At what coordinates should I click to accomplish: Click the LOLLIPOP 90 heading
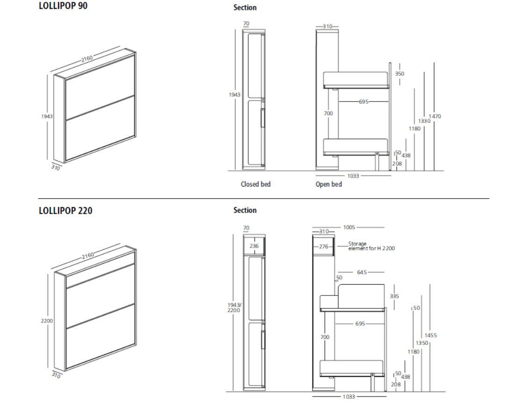click(63, 7)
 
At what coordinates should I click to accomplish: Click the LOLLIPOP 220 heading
click(65, 211)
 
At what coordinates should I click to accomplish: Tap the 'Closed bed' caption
click(256, 184)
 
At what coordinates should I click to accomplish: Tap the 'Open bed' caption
click(329, 184)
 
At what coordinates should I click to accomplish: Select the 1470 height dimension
click(435, 116)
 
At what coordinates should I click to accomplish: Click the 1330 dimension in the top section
click(424, 121)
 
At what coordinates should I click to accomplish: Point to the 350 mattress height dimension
click(399, 74)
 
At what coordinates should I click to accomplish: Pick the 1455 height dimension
click(431, 336)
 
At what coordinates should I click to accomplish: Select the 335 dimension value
click(394, 296)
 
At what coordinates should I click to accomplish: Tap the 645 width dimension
click(361, 272)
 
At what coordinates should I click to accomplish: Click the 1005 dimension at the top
click(349, 227)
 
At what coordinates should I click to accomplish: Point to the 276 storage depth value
click(324, 246)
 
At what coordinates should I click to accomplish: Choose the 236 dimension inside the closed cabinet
click(254, 246)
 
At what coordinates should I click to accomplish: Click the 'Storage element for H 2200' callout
click(371, 246)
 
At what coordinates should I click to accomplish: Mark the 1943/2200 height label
click(234, 307)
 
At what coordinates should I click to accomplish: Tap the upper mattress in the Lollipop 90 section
click(356, 79)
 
